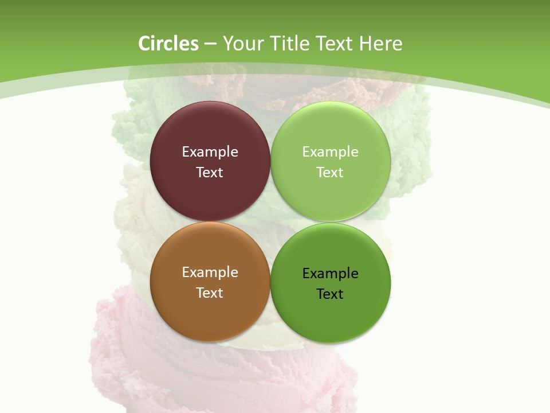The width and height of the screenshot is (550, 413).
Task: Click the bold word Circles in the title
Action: pyautogui.click(x=168, y=44)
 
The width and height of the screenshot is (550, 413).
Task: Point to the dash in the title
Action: pyautogui.click(x=210, y=44)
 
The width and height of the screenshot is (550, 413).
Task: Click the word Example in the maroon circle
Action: pyautogui.click(x=210, y=151)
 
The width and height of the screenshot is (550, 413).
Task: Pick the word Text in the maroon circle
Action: pyautogui.click(x=210, y=172)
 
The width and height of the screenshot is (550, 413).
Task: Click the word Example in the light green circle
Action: pyautogui.click(x=331, y=151)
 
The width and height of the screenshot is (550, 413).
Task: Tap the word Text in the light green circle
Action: pyautogui.click(x=331, y=172)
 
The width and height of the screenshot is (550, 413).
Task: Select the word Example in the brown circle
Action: pyautogui.click(x=210, y=272)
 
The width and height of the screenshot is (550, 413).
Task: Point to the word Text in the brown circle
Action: pyautogui.click(x=210, y=293)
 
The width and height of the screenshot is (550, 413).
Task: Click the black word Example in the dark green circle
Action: pyautogui.click(x=331, y=273)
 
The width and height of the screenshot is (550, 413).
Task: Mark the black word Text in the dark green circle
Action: pyautogui.click(x=331, y=294)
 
